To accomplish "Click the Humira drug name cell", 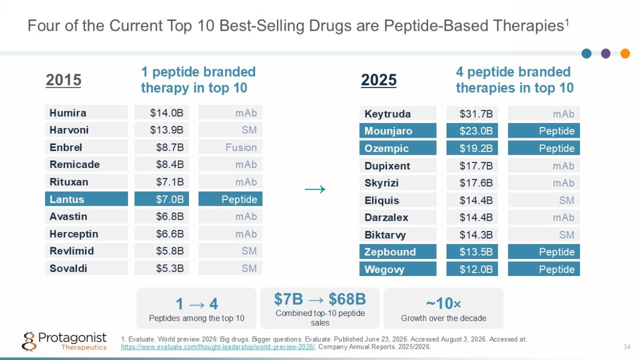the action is tap(87, 113).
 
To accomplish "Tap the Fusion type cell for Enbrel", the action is tap(230, 147).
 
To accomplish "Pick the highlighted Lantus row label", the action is tap(87, 199).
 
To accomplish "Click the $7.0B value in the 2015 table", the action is tap(162, 199).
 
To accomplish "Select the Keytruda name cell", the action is tap(398, 114).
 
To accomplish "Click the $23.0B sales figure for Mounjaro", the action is tap(472, 131).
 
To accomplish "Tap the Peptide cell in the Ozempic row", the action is tap(544, 148).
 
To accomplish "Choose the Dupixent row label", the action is tap(398, 165).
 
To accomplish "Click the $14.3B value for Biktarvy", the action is tap(472, 235).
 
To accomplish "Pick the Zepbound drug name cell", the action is tap(398, 251).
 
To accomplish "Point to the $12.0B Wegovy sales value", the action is tap(472, 269).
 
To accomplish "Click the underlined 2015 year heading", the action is tap(63, 80).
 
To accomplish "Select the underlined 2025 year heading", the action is tap(378, 80).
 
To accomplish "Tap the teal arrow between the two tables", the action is tap(315, 189).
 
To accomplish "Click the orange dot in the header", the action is tap(625, 53).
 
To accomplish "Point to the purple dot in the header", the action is tap(606, 53).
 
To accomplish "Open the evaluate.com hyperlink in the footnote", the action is tap(218, 347).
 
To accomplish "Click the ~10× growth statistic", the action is tap(443, 303).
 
